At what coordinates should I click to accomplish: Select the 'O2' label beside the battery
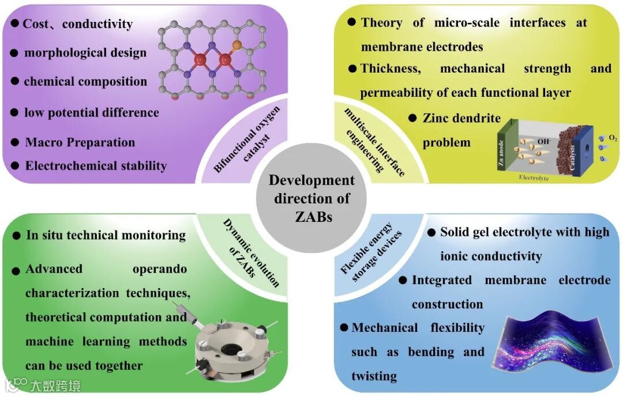coord(613,139)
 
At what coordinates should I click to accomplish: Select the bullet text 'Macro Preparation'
coord(80,142)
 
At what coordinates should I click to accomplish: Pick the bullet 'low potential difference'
coord(91,112)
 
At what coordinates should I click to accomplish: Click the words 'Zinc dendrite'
coord(461,118)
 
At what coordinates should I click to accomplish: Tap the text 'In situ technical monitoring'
coord(106,235)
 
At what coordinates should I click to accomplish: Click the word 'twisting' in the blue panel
coord(374,376)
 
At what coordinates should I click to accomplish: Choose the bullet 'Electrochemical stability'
coord(96,166)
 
